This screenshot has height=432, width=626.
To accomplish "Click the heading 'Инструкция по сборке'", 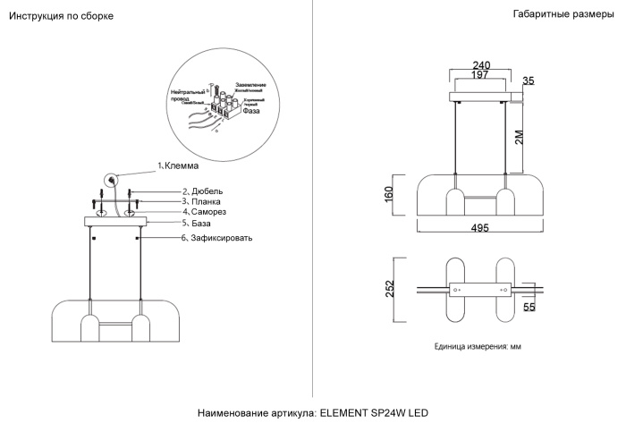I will pyautogui.click(x=61, y=17).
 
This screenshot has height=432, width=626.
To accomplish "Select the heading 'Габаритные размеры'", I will pyautogui.click(x=564, y=15).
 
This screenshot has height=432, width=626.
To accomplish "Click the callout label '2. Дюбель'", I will pyautogui.click(x=202, y=191).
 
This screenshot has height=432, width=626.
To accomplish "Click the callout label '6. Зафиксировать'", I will pyautogui.click(x=217, y=239).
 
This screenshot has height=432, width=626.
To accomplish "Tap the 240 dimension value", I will pyautogui.click(x=482, y=65).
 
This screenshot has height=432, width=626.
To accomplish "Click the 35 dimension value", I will pyautogui.click(x=528, y=81).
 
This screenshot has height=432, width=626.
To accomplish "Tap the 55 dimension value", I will pyautogui.click(x=529, y=308).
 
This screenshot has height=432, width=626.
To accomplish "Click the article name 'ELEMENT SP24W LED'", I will pyautogui.click(x=374, y=413).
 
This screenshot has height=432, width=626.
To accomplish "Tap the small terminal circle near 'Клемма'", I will pyautogui.click(x=111, y=179).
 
